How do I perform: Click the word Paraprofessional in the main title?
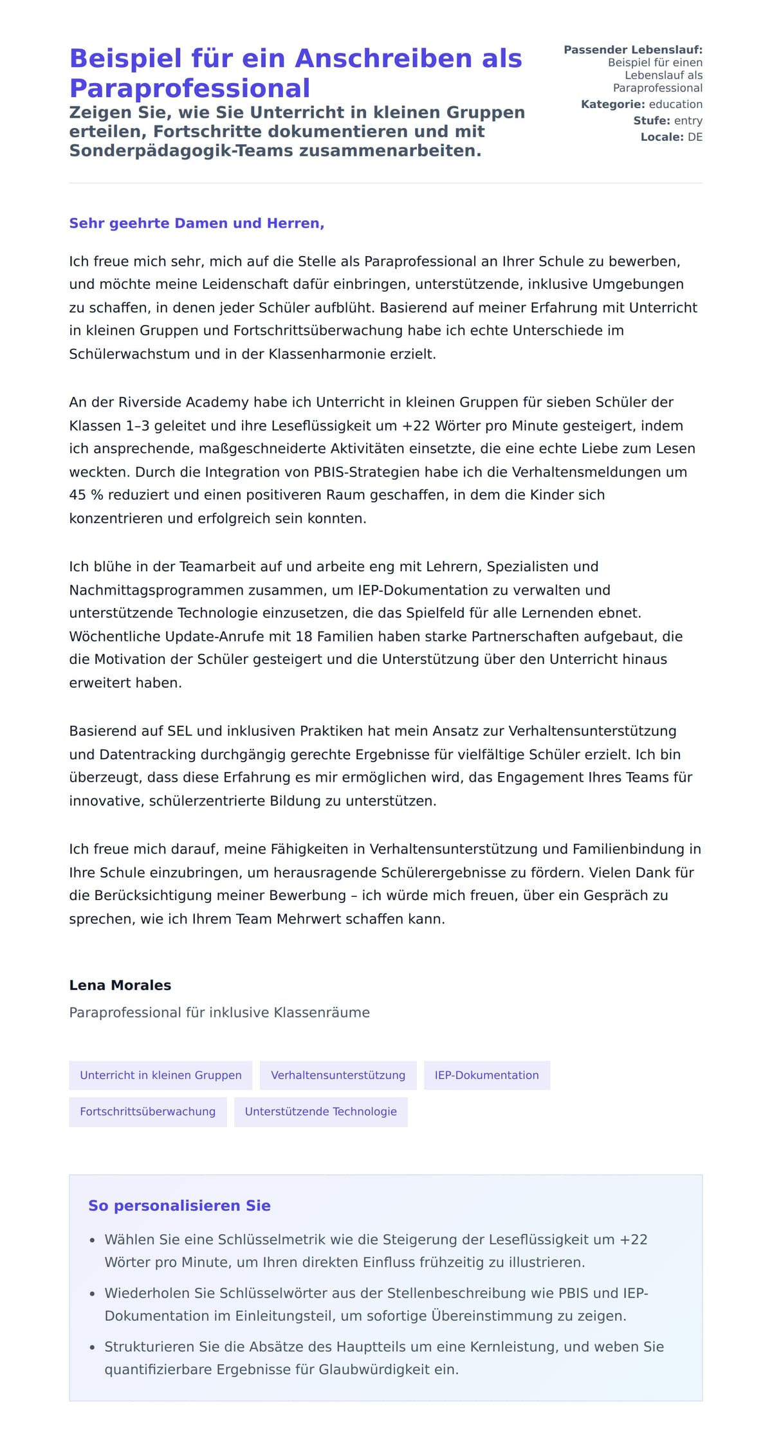tap(190, 88)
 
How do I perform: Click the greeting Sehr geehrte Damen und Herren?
tap(196, 223)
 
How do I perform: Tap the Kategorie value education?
tap(675, 104)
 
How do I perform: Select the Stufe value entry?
tap(688, 120)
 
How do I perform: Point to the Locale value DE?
tap(695, 137)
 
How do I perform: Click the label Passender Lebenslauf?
tap(633, 50)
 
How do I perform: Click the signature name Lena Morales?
tap(120, 985)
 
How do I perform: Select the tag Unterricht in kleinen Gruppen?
tap(161, 1075)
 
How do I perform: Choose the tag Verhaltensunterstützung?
tap(338, 1075)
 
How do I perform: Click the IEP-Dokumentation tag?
tap(486, 1075)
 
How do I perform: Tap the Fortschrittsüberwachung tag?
tap(147, 1111)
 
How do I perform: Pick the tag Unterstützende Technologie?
tap(320, 1111)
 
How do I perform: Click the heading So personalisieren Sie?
tap(179, 1206)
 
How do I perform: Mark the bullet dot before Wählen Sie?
tap(93, 1240)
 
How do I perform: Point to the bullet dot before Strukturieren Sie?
tap(93, 1347)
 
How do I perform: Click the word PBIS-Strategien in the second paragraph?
tap(365, 472)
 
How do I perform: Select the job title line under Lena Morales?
tap(219, 1013)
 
